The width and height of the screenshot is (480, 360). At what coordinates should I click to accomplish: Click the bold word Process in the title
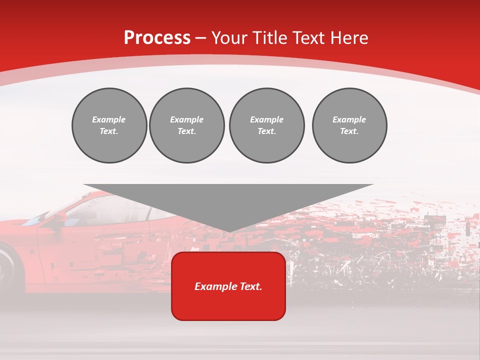(157, 38)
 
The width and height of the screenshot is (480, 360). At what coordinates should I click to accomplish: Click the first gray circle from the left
(109, 125)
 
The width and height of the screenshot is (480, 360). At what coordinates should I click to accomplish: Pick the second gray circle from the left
(186, 125)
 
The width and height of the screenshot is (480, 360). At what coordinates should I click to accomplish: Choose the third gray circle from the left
(266, 125)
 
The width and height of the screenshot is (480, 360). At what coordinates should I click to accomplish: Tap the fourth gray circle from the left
(349, 125)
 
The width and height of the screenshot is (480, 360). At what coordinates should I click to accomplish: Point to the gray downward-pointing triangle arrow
(228, 202)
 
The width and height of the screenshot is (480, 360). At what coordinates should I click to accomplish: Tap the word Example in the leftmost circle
(109, 119)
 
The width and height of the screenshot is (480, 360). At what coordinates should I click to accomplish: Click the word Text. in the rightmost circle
(349, 131)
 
